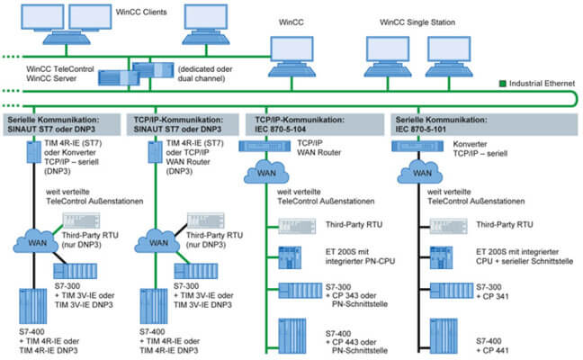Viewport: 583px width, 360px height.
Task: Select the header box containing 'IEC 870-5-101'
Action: (450, 122)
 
